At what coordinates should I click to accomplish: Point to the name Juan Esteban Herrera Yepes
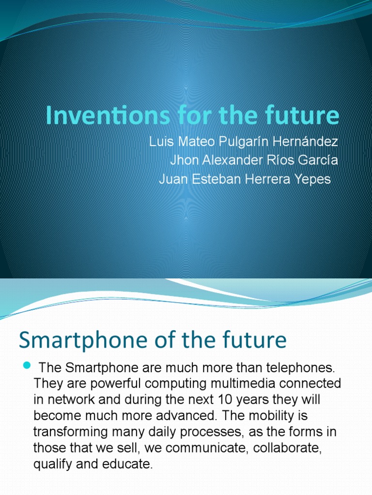click(x=245, y=179)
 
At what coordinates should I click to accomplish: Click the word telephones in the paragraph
click(x=297, y=368)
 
